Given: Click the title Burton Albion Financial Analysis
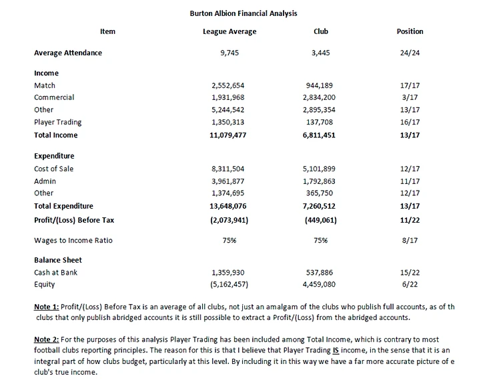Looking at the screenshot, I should tap(243, 13).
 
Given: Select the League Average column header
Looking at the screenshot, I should tap(229, 31).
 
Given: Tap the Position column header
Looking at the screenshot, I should tap(410, 31).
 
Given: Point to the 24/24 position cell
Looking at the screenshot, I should tap(410, 53).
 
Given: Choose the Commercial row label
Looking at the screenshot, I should tap(54, 97).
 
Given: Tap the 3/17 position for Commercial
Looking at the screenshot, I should tap(410, 97).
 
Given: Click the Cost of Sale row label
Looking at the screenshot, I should tap(54, 169).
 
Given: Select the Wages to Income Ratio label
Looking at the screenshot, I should tap(73, 240).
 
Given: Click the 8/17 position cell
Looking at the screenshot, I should tap(410, 240).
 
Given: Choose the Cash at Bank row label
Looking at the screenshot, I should tap(56, 273).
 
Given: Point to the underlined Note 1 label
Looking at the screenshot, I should tap(46, 307).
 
